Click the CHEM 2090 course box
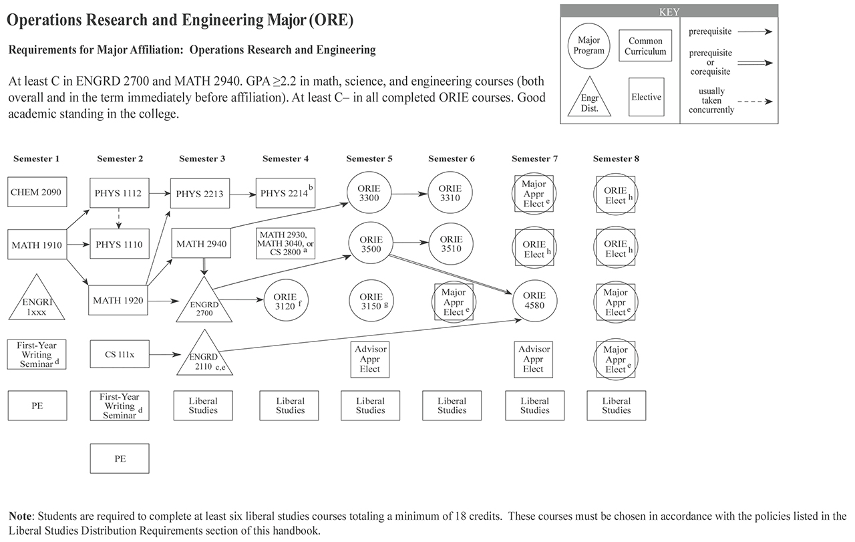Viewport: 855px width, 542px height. (37, 192)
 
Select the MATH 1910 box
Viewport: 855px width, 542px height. (37, 245)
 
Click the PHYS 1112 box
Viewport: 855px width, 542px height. (119, 194)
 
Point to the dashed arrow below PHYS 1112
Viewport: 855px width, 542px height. (119, 219)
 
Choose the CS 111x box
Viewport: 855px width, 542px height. (119, 354)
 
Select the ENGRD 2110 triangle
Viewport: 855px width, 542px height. (204, 358)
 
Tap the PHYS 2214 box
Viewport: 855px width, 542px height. (285, 194)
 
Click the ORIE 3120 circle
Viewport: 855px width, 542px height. (286, 301)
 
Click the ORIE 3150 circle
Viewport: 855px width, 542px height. (371, 301)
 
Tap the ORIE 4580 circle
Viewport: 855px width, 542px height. (534, 300)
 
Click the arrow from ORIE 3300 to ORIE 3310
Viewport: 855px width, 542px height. (410, 194)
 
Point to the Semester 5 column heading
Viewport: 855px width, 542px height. (369, 159)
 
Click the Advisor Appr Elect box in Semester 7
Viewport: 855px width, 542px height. (534, 359)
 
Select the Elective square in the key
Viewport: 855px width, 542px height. (646, 97)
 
